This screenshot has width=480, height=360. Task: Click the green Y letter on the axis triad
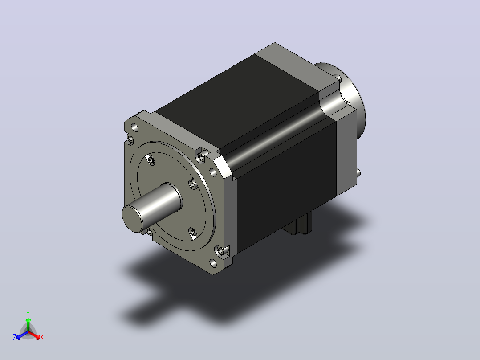[x=28, y=313]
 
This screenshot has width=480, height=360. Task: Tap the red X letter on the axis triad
[x=42, y=337]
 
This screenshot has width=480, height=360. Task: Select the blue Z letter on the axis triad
[x=14, y=337]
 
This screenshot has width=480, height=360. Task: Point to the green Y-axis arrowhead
[x=28, y=320]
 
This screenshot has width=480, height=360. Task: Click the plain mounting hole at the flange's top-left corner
[x=134, y=127]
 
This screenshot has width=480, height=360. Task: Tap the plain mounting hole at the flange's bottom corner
[x=213, y=263]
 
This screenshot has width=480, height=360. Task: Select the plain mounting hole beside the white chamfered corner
[x=213, y=172]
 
